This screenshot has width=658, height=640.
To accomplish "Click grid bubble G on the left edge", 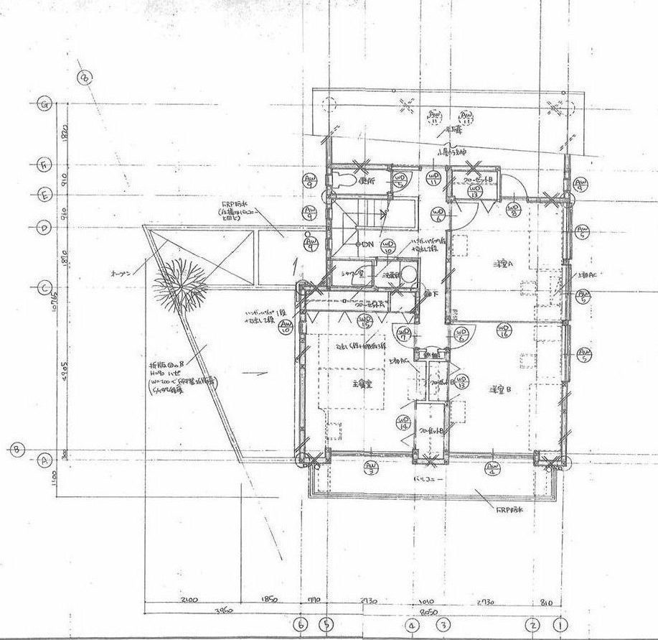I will coord(44,104).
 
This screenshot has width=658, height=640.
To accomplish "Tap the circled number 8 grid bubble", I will coord(85,77).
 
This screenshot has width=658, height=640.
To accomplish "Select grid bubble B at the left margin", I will coord(17,450).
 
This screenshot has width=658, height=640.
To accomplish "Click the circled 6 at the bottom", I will coord(301,624).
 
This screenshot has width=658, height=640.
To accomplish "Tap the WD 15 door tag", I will coord(364,321).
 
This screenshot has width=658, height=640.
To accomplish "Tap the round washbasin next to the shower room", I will coord(408,274).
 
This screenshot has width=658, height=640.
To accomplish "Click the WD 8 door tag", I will coord(514,210).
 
